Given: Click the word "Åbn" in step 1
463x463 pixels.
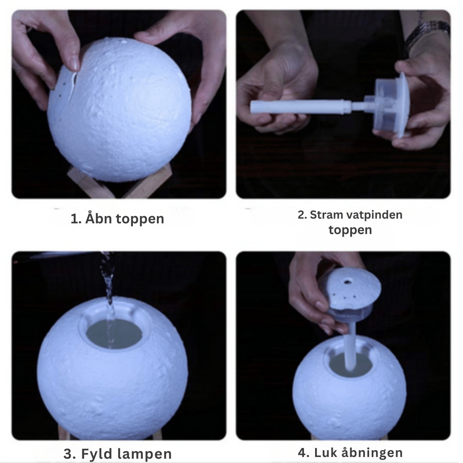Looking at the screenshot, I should tap(97, 219).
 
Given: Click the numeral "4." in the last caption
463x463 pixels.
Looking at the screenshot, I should tap(304, 452).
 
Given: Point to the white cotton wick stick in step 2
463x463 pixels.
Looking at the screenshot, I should tap(300, 107).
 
